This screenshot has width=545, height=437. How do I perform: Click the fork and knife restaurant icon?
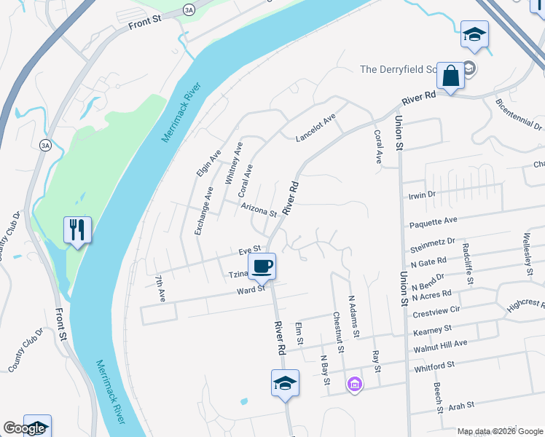tap(77, 230)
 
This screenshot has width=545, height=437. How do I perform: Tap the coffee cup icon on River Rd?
tap(262, 266)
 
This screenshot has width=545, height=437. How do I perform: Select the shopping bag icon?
tap(451, 75)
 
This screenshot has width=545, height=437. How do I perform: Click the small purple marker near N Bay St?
tap(355, 384)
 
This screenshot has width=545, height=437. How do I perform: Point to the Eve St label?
tap(249, 251)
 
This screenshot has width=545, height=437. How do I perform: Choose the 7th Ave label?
tap(161, 288)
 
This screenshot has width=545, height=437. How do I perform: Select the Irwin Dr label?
tap(422, 194)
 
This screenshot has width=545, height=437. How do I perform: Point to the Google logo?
tap(24, 428)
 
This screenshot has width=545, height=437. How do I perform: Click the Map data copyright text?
tap(499, 431)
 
